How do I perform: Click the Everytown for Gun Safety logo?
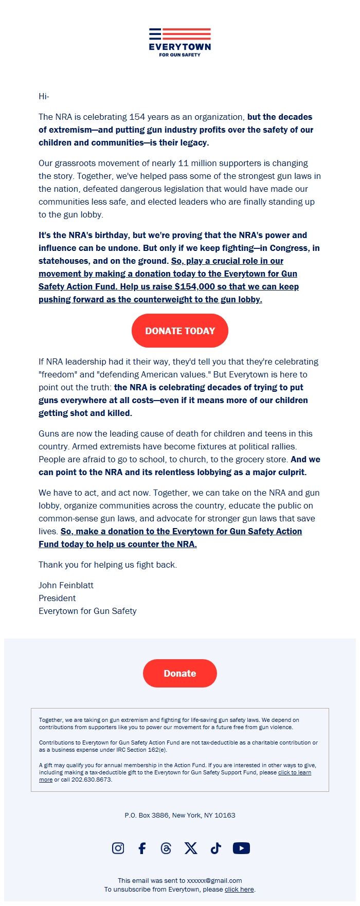180,42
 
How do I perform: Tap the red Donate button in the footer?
180,673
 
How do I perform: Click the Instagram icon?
118,848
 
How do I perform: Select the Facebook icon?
142,848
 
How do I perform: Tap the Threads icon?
166,848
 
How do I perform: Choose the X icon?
191,848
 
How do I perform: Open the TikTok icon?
215,848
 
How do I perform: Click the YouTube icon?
241,848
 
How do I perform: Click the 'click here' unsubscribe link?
239,889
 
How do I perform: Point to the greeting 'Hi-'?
44,96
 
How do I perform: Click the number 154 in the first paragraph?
137,117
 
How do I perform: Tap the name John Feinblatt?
66,585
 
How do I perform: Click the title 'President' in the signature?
57,598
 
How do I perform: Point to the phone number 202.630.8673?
92,780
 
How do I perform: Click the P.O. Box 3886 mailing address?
180,815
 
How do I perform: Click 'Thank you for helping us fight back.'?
107,565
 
